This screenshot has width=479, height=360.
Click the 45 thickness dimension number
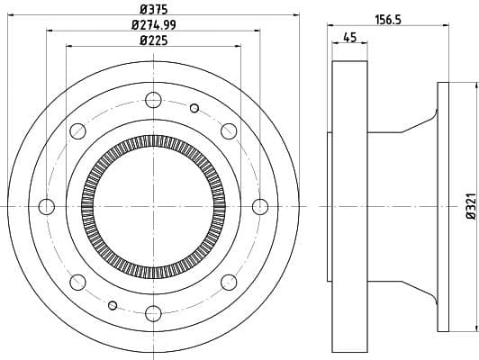[349, 37]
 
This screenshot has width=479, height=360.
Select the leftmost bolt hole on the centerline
[48, 207]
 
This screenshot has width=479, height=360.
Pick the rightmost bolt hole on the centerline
[260, 207]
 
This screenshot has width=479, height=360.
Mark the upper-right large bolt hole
[229, 132]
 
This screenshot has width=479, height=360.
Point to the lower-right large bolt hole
[229, 282]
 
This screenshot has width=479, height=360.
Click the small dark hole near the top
[194, 109]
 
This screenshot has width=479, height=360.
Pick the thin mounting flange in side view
[442, 207]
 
